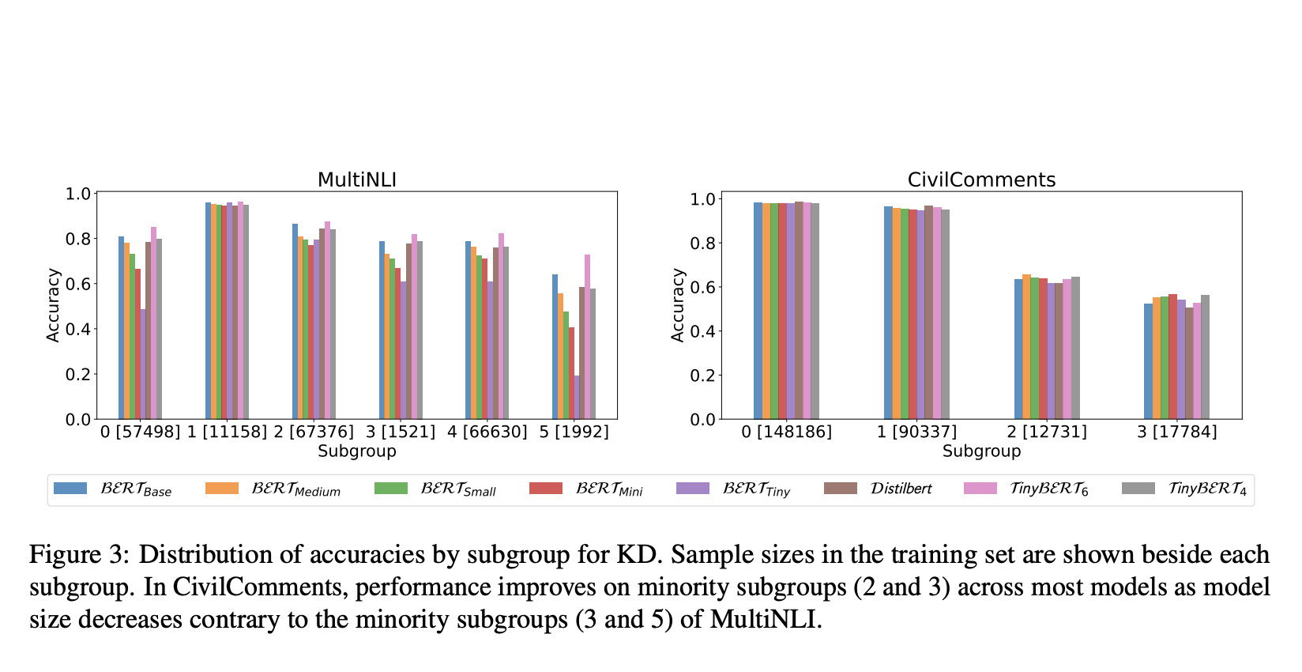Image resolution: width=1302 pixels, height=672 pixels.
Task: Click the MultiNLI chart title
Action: [356, 179]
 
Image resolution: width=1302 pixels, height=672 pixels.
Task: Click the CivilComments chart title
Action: [980, 179]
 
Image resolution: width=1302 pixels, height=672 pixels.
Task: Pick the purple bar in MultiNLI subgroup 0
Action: [143, 364]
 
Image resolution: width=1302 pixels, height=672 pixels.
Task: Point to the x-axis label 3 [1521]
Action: [401, 432]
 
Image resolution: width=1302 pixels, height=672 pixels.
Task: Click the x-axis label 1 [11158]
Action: [227, 432]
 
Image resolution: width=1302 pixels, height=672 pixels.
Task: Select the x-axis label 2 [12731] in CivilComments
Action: [1046, 432]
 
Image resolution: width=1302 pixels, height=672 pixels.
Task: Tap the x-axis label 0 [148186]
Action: [786, 432]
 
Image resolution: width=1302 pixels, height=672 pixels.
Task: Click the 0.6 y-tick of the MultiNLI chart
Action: [78, 284]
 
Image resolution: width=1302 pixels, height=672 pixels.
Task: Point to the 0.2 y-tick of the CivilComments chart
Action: [702, 375]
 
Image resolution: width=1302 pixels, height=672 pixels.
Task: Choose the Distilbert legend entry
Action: [900, 489]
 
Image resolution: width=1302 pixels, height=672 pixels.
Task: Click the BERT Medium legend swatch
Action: [221, 489]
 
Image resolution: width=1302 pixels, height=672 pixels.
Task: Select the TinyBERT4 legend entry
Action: [1206, 489]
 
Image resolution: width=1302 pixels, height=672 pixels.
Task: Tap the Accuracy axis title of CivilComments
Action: [677, 304]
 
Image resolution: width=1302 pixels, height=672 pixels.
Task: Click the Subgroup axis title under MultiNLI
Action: [356, 451]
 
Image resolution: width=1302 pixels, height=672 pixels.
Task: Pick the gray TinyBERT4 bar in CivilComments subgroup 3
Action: [1205, 357]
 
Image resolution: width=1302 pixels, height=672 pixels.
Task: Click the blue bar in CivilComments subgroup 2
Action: [1018, 349]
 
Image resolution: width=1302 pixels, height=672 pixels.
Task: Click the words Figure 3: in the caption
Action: [78, 554]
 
